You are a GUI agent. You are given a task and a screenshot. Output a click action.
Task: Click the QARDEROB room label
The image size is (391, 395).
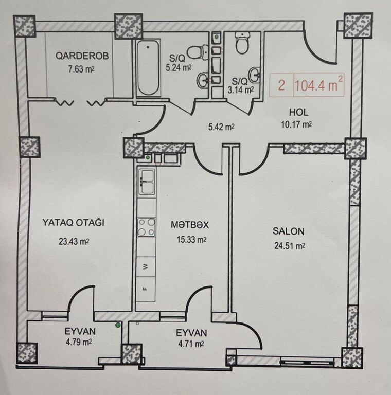coord(82,56)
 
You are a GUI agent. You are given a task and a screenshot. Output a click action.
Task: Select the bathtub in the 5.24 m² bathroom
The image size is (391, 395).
coord(148,68)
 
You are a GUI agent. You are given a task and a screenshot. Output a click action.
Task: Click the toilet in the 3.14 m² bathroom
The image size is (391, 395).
coord(242,43)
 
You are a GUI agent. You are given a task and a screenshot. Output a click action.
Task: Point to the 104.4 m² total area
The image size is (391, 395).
coord(318,85)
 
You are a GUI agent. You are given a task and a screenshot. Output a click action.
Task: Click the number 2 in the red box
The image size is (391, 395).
coord(281,85)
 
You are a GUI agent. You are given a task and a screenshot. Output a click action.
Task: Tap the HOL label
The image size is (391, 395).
coord(298,112)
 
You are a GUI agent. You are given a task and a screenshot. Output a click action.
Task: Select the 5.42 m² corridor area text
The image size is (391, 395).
coord(221,127)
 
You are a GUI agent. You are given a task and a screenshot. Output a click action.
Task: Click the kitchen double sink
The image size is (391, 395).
coord(147,182)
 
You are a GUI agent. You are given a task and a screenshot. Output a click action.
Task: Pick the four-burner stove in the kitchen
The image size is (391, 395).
coord(147,227)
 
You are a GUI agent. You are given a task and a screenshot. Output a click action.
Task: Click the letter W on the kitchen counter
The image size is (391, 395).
coord(145,267)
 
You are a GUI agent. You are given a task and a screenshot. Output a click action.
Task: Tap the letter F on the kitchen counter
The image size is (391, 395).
coord(145,289)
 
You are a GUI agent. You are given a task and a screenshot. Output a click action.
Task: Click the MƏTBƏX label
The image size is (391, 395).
coord(190,224)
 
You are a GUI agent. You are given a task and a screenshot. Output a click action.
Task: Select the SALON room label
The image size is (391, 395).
coord(289,231)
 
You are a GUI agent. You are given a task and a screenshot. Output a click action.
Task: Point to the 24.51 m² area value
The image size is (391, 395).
coord(290,246)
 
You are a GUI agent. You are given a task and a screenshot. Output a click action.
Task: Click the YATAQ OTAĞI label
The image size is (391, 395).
coord(73,223)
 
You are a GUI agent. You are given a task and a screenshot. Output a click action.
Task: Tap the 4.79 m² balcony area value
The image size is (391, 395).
coord(78,343)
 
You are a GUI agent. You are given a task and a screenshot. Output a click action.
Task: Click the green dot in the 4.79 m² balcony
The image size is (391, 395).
coord(117,325)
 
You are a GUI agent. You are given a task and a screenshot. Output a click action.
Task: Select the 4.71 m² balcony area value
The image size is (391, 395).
coord(191,344)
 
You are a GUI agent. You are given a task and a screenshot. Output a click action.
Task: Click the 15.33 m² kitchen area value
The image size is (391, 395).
coord(192,239)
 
